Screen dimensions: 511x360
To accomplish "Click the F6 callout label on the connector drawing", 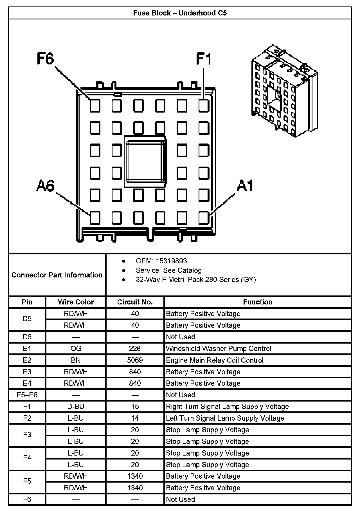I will coord(45,59).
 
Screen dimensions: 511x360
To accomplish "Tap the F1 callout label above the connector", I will coord(203,59).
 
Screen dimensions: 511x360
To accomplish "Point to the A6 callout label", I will coord(45,186).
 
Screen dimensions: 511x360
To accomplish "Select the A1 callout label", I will coord(244,186).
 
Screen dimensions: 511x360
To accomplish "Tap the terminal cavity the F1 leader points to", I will coord(204,106).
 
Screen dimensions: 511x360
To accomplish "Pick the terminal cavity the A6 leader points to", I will coord(95,218).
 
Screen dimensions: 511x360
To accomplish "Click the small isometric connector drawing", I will coord(284,91).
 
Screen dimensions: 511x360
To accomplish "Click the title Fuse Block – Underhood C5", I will coord(180,13).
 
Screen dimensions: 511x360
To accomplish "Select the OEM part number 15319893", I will coord(171,261).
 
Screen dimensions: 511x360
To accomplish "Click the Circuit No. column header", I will coord(135,302).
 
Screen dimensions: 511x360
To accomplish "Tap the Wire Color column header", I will coord(76,302).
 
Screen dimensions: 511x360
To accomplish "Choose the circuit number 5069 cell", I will coord(135,360).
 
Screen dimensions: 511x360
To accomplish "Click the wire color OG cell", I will coord(76,349).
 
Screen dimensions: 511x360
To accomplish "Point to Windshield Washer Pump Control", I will coord(219,349).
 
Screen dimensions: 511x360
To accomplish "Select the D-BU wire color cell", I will coord(76,407).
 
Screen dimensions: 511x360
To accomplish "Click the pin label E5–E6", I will coord(27,395).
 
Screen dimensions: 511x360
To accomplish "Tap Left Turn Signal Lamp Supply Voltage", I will coord(225,418).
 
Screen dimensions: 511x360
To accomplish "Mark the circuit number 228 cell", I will coord(135,349).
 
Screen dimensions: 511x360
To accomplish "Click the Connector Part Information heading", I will coord(57,275).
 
